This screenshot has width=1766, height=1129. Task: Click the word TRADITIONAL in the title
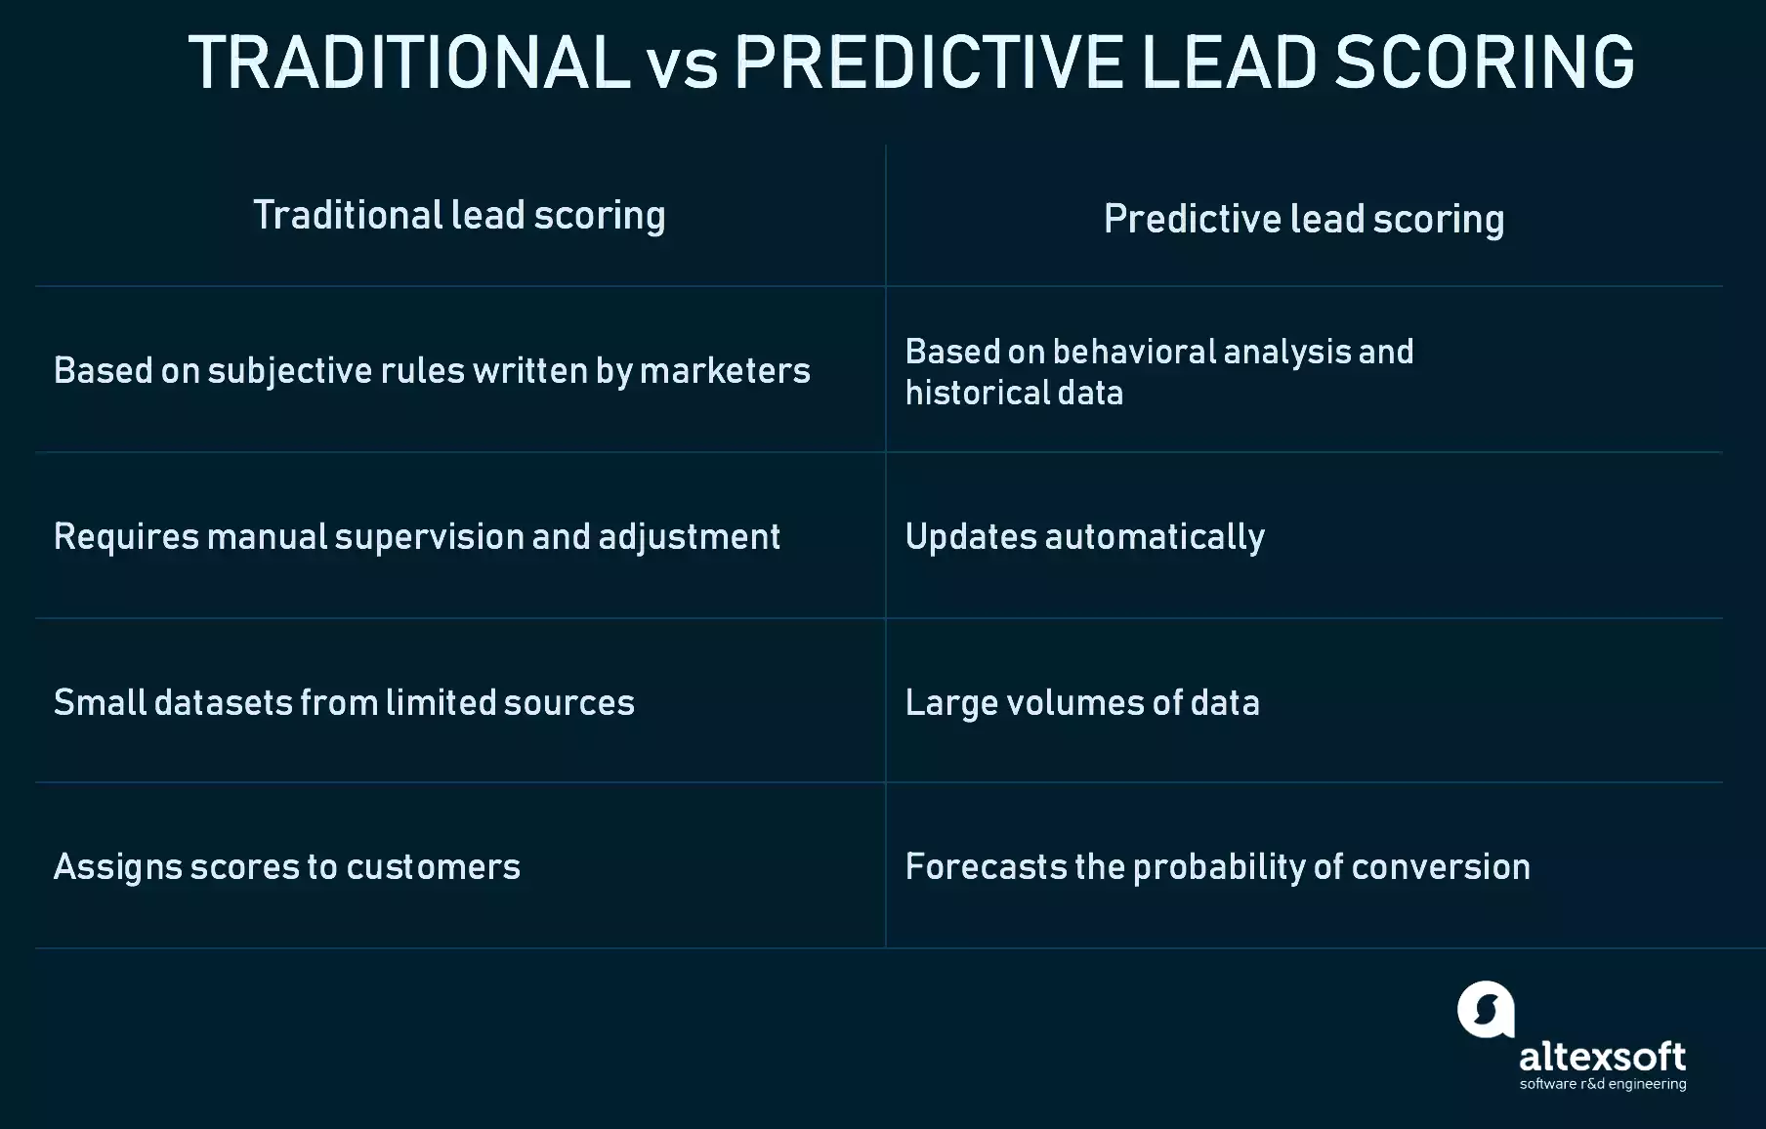[x=409, y=63]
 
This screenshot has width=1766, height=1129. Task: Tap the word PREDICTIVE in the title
[x=928, y=63]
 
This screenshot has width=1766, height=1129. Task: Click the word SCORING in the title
[x=1485, y=63]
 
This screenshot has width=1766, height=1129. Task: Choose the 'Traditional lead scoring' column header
[x=459, y=216]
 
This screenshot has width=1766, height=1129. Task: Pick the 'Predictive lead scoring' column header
[x=1304, y=220]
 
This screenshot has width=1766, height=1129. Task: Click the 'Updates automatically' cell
[x=1084, y=537]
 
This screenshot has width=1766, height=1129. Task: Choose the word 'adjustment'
[x=689, y=537]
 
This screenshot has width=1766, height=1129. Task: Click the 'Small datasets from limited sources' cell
[x=344, y=703]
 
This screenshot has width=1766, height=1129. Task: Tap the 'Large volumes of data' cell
[x=1082, y=703]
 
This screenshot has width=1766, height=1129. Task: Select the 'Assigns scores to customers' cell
[x=287, y=867]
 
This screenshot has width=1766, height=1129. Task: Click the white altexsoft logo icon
[x=1486, y=1009]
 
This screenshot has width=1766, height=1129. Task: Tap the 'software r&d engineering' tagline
[x=1602, y=1084]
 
